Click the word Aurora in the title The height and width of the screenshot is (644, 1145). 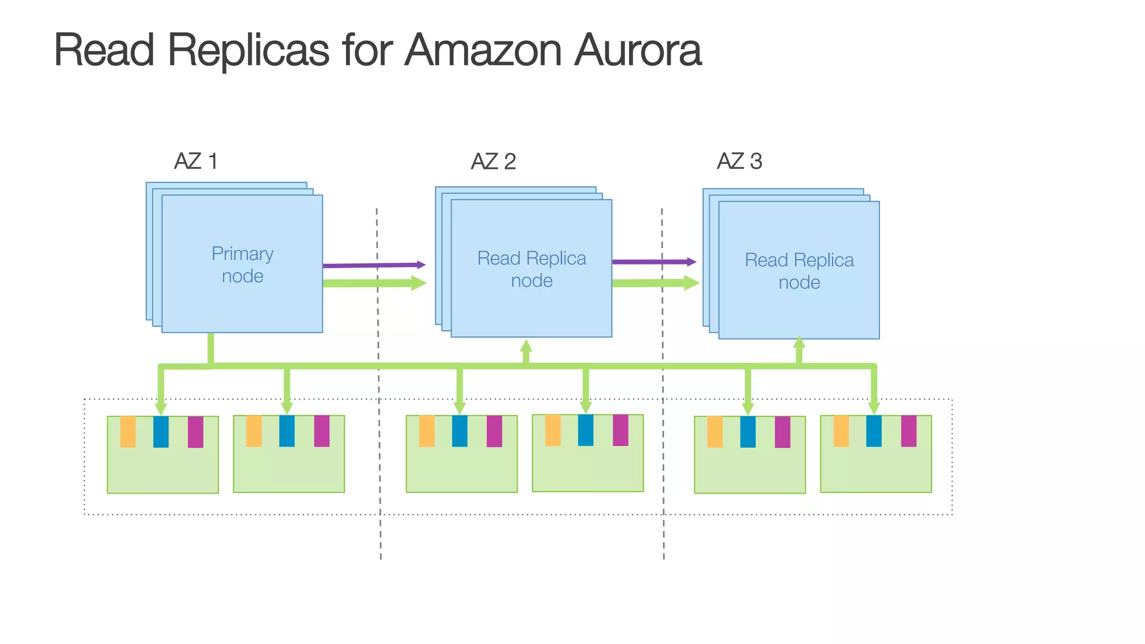click(637, 50)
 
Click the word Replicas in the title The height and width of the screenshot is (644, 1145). click(248, 50)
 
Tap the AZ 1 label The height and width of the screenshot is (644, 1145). click(196, 162)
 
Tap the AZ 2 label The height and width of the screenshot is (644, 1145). click(493, 162)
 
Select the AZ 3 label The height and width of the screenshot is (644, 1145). click(739, 162)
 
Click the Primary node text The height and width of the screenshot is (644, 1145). click(242, 265)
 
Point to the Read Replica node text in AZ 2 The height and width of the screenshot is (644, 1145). click(531, 269)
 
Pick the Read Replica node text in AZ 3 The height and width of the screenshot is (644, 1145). click(799, 271)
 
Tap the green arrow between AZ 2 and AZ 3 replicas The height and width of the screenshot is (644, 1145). click(654, 283)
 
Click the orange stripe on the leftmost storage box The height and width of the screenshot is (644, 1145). click(128, 432)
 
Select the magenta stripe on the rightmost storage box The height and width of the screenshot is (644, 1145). click(909, 431)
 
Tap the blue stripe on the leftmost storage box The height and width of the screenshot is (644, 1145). click(161, 432)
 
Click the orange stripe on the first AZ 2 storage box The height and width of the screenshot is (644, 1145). click(427, 431)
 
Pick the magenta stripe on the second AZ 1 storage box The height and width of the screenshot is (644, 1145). click(321, 431)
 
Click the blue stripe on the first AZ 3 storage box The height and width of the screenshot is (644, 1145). click(747, 432)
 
